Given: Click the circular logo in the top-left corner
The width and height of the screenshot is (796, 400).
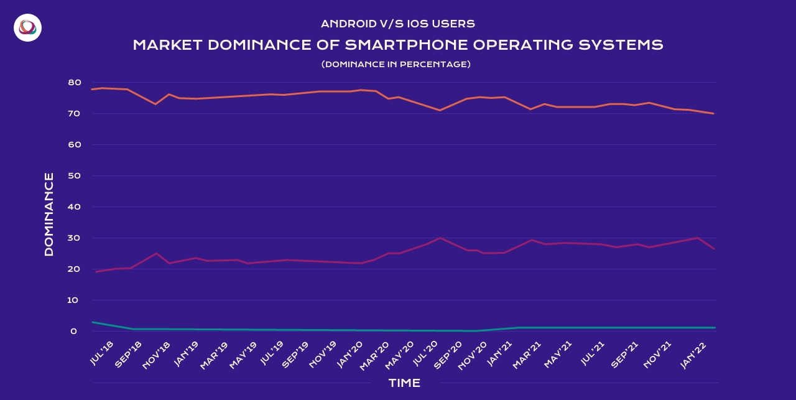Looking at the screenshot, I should (27, 27).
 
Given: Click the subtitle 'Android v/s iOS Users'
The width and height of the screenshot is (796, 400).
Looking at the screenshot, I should (398, 24).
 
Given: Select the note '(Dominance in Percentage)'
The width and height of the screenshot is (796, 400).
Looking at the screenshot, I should (396, 64).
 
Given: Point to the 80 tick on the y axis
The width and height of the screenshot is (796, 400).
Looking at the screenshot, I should (73, 82).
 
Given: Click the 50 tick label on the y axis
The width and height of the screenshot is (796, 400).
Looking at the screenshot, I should (73, 175).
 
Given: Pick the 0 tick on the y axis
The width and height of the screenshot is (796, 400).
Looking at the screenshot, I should (74, 331).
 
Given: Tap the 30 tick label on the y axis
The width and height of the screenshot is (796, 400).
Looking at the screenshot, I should (73, 238).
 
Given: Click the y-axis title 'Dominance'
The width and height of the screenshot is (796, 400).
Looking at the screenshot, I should (49, 215).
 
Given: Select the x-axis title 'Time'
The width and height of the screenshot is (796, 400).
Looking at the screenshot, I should (404, 383).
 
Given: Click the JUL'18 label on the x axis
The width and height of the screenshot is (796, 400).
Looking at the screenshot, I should (102, 353).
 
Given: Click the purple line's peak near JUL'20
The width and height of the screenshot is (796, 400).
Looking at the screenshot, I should (440, 238).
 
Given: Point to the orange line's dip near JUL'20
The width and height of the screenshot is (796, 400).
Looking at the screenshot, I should (440, 110).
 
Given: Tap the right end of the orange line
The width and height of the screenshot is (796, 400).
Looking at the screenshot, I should (714, 113).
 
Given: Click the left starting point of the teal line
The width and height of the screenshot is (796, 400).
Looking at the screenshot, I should (92, 322).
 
